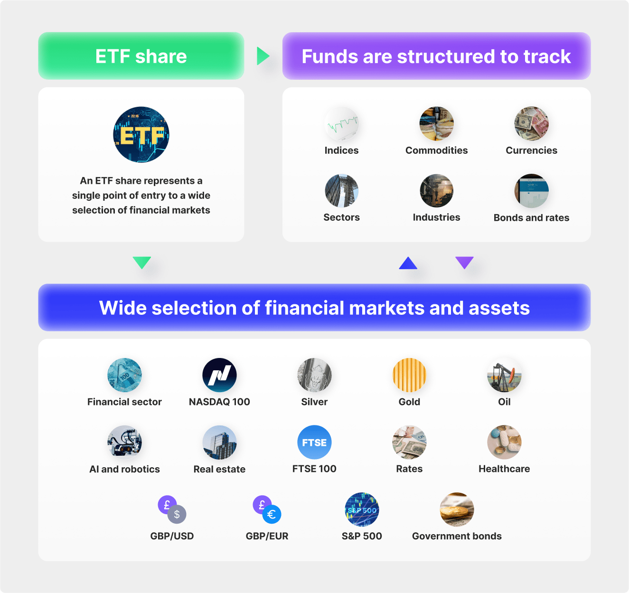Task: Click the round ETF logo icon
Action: point(141,134)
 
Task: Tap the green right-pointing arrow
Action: point(263,56)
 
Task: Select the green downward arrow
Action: point(141,262)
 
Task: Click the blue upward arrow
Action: point(408,264)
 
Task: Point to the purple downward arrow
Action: point(464,262)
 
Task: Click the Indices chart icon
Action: point(341,124)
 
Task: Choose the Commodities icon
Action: point(436,124)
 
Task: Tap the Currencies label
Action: point(531,151)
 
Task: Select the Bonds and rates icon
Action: point(531,191)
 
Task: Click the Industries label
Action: point(436,217)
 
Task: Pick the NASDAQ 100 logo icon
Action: point(219,375)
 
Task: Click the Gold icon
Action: point(409,375)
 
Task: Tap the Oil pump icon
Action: point(504,375)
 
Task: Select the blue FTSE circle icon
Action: point(314,442)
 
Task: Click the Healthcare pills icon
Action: point(504,442)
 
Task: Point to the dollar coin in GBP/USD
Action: point(177,514)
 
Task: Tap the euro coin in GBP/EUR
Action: point(272,514)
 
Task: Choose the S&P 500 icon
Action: point(362,509)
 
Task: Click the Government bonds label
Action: point(457,536)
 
